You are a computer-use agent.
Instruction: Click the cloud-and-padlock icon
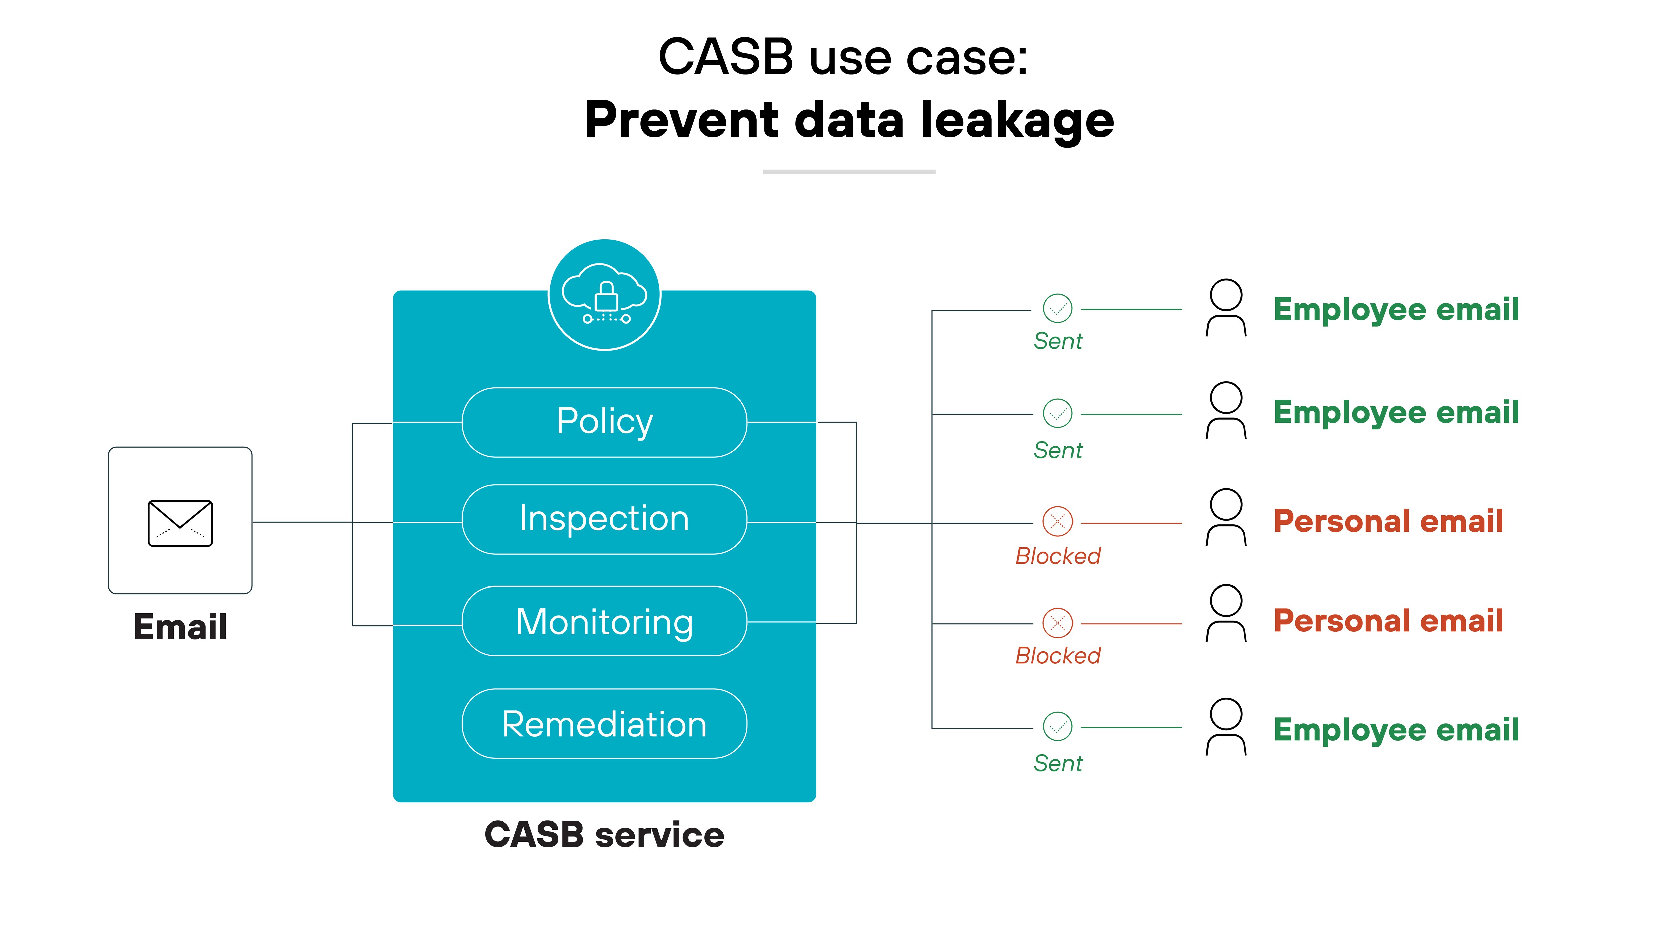(x=605, y=295)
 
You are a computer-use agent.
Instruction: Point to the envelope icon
(x=180, y=523)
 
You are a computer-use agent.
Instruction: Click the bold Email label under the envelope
(x=180, y=627)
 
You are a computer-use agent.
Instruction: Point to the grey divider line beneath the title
(x=849, y=172)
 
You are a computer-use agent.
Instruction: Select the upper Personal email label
(x=1388, y=521)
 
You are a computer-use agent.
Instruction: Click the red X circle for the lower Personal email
(x=1057, y=623)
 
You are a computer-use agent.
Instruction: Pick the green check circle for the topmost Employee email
(x=1057, y=308)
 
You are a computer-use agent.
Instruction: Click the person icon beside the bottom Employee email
(x=1226, y=726)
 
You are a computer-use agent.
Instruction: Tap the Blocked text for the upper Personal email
(x=1057, y=556)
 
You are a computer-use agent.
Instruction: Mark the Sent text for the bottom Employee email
(x=1057, y=763)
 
